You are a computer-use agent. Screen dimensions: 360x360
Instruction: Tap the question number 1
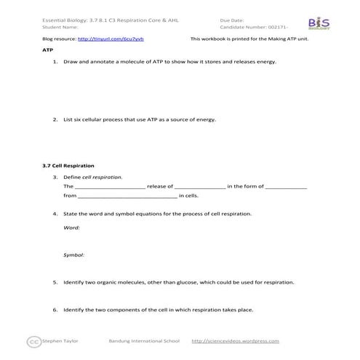55,62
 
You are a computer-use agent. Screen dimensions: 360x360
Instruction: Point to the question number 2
55,119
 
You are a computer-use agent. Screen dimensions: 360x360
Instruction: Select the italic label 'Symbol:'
74,255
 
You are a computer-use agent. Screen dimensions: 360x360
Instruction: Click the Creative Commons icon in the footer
33,340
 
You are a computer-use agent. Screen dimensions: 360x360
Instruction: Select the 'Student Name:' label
60,27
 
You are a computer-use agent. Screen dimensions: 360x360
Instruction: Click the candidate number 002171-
281,27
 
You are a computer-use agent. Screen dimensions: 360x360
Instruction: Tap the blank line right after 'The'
110,187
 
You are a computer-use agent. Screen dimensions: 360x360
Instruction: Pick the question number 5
55,281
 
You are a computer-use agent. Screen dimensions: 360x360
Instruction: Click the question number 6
55,309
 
